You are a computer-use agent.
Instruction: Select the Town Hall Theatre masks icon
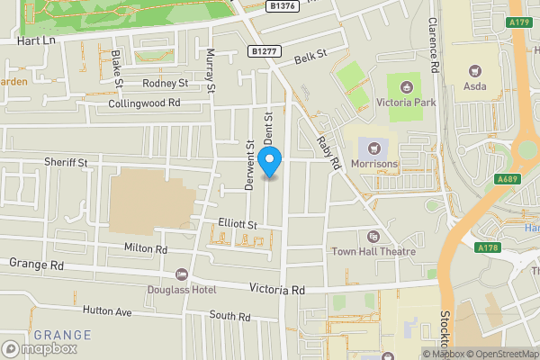[373, 237]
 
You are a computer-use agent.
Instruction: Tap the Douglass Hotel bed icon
[181, 274]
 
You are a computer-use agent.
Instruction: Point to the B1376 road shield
[283, 5]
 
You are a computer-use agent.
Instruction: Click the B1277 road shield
[265, 51]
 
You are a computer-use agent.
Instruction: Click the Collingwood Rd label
[145, 103]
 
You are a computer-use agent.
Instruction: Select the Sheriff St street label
[66, 163]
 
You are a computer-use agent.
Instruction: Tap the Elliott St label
[238, 223]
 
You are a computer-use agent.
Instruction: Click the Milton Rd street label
[146, 248]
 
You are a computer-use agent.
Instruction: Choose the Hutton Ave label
[107, 311]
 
